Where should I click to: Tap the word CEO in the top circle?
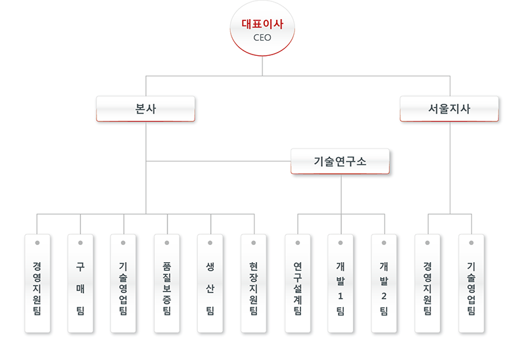point(262,37)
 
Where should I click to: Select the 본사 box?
point(145,108)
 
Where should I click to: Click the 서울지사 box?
point(449,108)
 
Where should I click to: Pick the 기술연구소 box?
point(340,161)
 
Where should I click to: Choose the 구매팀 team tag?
point(80,283)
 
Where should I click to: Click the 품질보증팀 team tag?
point(167,283)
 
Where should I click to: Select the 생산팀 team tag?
point(210,283)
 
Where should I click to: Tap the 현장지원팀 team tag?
point(254,283)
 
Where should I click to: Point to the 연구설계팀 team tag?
point(297,283)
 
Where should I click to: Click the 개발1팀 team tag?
point(341,283)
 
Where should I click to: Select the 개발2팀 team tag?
point(384,283)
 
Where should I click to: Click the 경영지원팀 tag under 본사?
point(37,283)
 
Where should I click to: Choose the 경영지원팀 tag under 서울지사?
point(427,283)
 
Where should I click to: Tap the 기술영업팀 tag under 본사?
point(124,283)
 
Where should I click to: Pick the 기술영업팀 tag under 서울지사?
point(471,283)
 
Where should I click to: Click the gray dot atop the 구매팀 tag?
point(80,242)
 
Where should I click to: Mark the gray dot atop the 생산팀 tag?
point(210,242)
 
